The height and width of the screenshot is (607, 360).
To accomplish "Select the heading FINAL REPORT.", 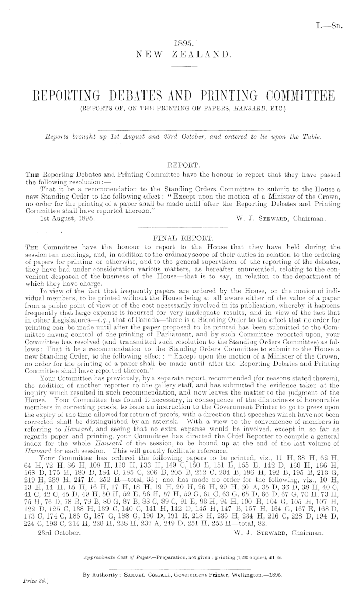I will pyautogui.click(x=181, y=238).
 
